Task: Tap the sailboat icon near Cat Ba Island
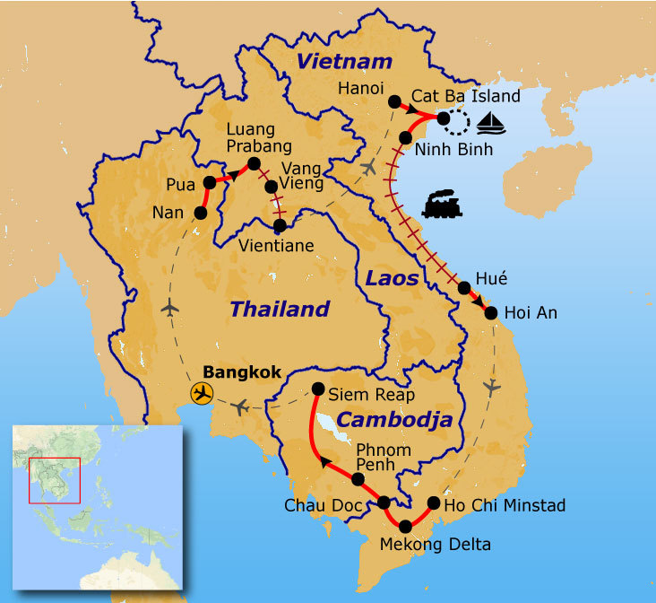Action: pos(491,121)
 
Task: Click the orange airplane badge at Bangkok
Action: pos(203,393)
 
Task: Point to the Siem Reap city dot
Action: pos(318,389)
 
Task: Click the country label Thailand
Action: pos(280,310)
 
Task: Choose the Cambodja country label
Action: pos(394,421)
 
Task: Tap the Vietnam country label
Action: pos(344,62)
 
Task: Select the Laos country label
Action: pos(392,278)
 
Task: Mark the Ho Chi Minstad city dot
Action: pos(434,503)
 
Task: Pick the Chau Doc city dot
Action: pos(384,502)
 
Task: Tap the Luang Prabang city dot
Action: pos(254,163)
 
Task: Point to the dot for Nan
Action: pos(201,214)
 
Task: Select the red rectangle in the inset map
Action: pos(55,480)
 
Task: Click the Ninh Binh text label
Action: pos(457,150)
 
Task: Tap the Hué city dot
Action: pos(465,288)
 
